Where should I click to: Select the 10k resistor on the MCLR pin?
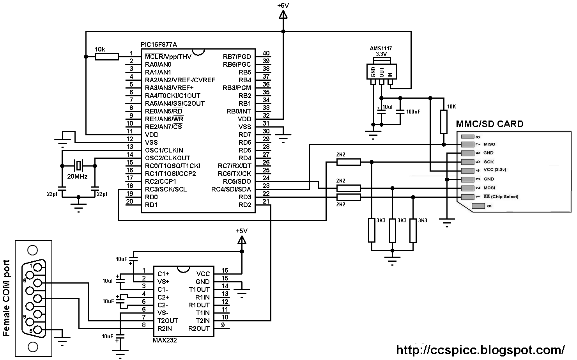point(107,57)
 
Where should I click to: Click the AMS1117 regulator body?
point(382,71)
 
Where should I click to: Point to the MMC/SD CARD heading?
point(490,124)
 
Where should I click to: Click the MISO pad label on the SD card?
point(489,144)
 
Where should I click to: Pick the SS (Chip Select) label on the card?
point(501,197)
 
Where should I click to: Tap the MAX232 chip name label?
point(165,340)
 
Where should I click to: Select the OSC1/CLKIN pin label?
point(164,150)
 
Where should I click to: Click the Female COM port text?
point(6,298)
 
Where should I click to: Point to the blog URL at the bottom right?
point(480,349)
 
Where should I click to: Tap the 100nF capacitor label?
point(413,112)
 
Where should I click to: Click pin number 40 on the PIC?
point(266,53)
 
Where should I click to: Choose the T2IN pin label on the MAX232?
point(202,321)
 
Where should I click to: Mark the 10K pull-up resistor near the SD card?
point(444,122)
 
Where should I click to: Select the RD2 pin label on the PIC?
point(245,205)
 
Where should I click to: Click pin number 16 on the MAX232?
point(225,270)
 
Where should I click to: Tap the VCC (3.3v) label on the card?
point(495,170)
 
